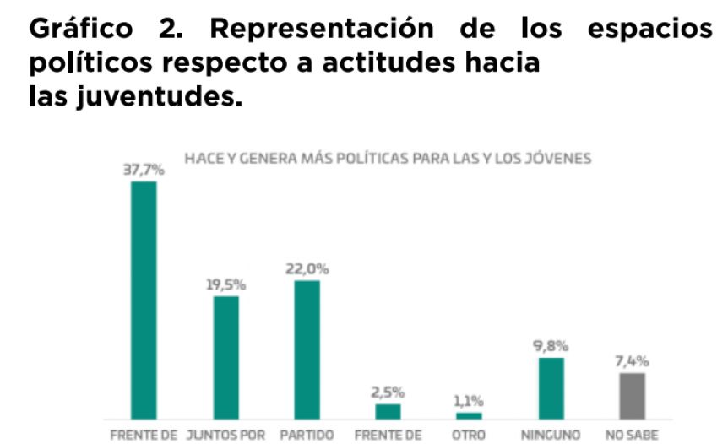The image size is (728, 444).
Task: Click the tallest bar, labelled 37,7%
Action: click(144, 300)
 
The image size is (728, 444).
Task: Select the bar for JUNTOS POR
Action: click(225, 357)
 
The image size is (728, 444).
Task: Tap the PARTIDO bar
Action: click(307, 349)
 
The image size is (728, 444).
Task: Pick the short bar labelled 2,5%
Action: click(388, 411)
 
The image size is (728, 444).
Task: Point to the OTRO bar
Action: click(469, 415)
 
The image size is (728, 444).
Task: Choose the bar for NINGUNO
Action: click(551, 388)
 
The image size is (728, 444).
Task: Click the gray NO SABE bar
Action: click(632, 396)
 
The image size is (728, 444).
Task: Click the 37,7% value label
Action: click(144, 171)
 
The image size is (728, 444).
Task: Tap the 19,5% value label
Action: click(225, 285)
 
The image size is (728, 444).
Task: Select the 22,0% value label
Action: click(307, 269)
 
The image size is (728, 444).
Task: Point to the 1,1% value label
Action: click(469, 401)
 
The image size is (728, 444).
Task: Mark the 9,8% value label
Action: click(551, 346)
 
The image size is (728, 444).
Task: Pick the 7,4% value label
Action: click(632, 361)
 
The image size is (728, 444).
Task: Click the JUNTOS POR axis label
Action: click(225, 436)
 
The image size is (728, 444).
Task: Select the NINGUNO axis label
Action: click(551, 436)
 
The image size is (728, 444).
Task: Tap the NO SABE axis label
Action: click(632, 436)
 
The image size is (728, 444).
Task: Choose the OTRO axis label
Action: click(469, 436)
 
